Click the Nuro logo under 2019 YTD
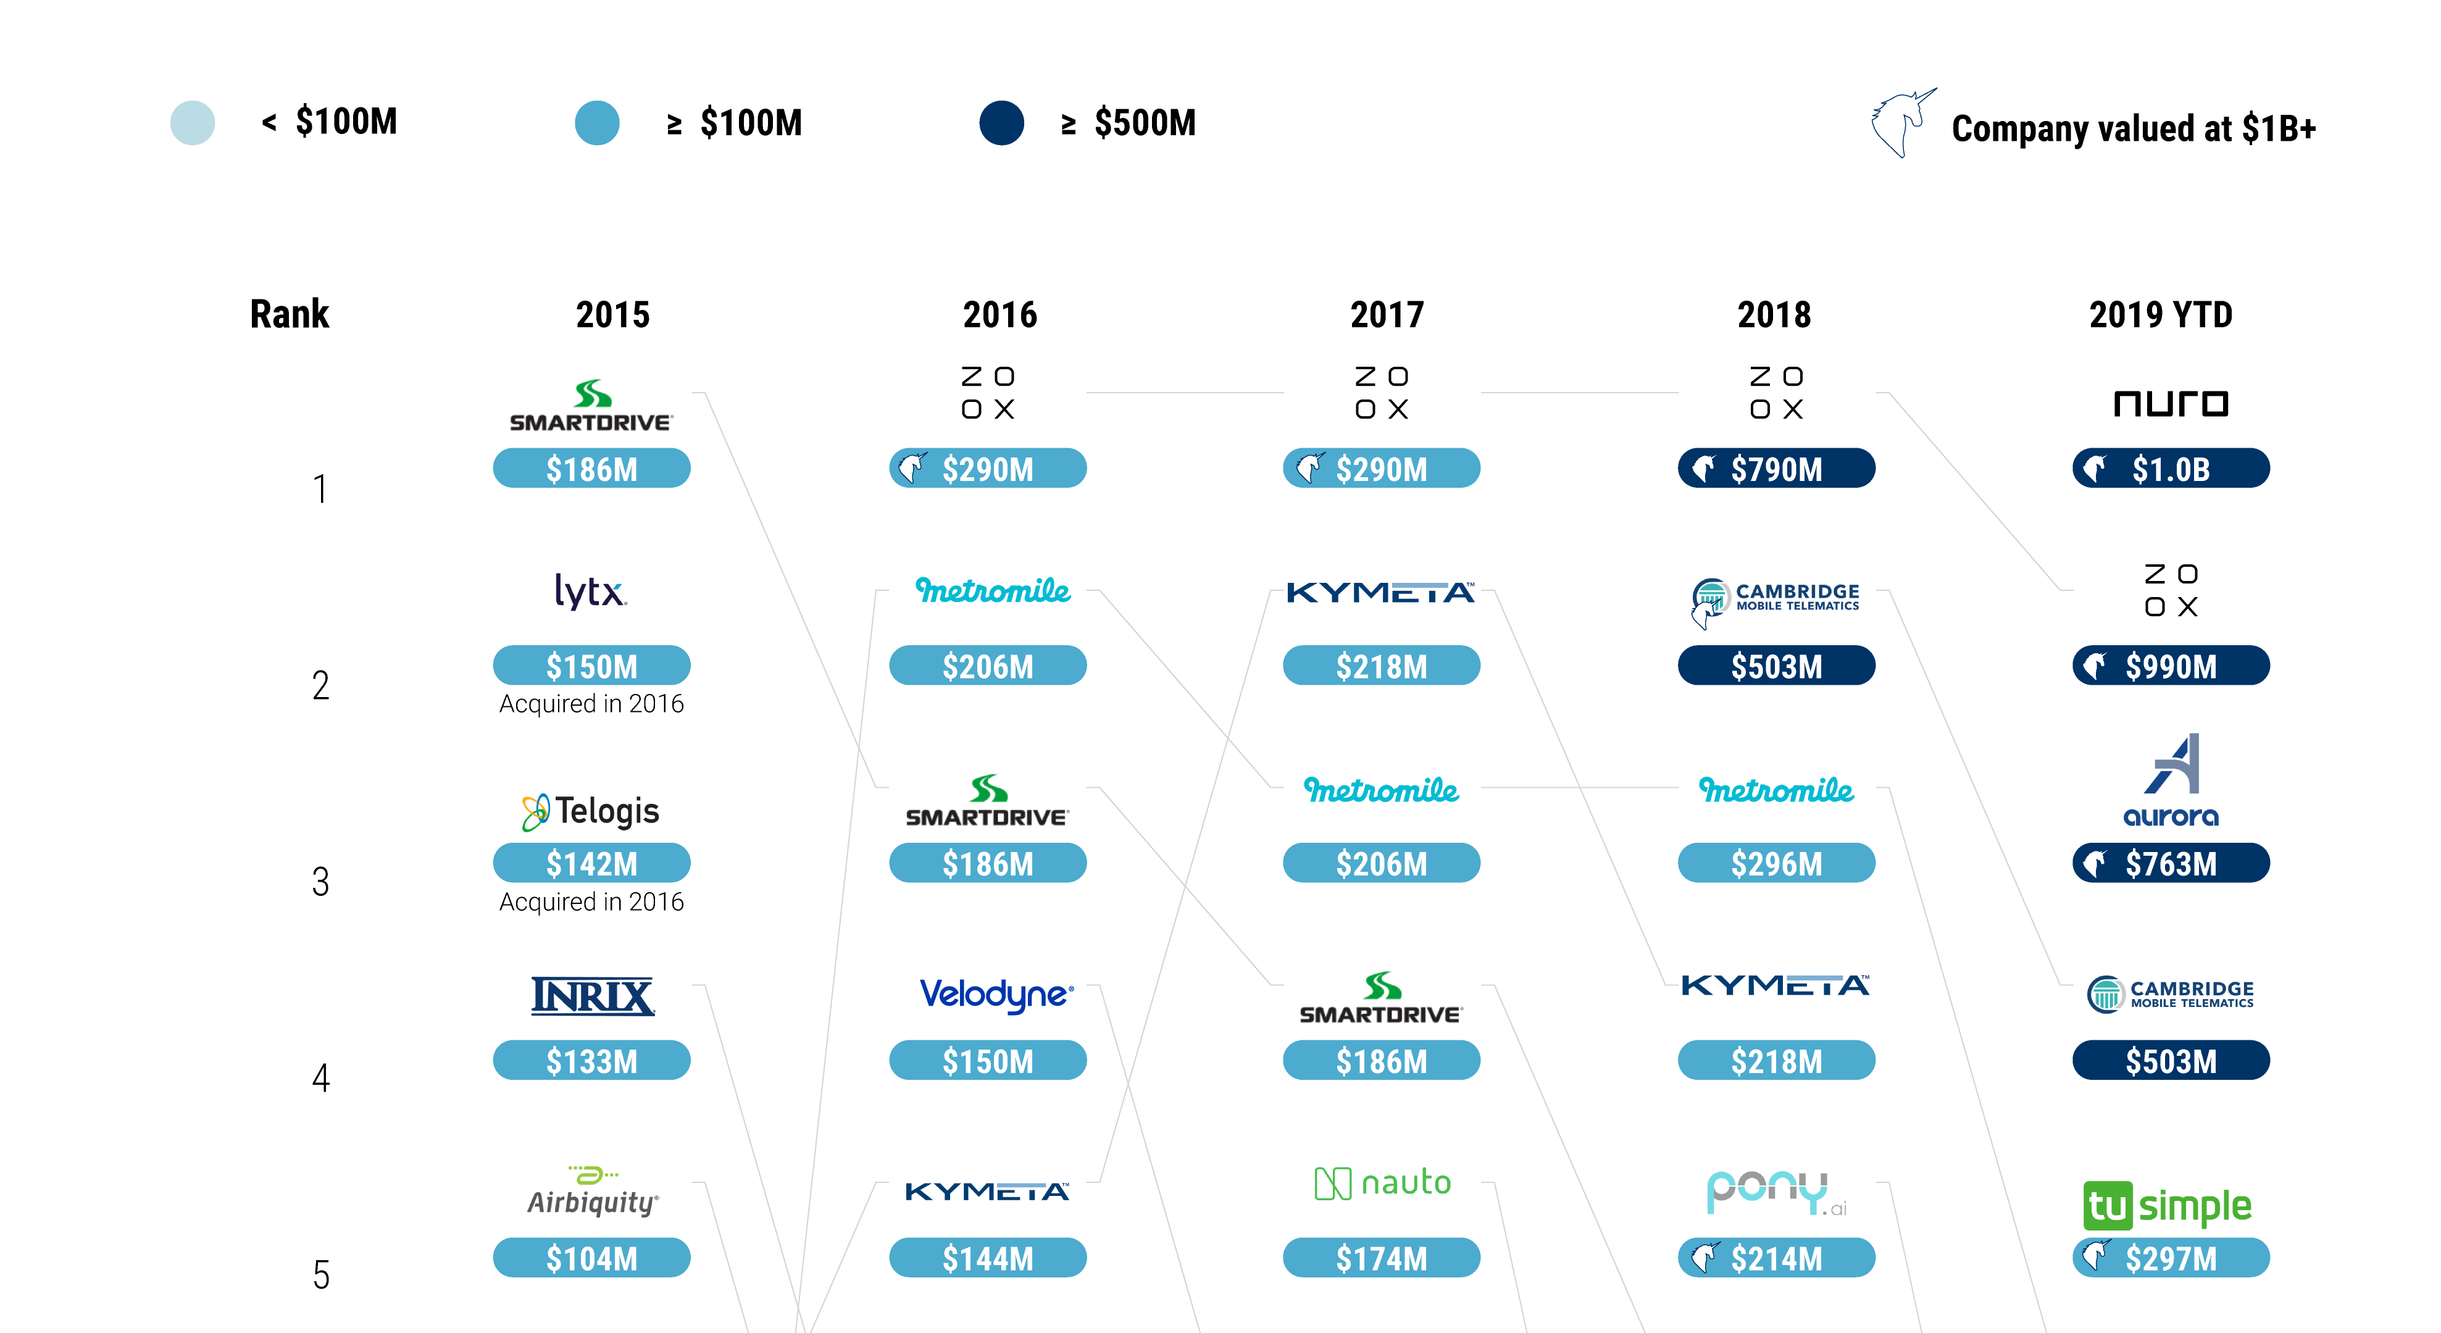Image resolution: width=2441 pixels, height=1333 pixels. click(x=2170, y=404)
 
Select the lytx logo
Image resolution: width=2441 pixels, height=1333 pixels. click(x=590, y=591)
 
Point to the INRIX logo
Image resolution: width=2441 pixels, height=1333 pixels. click(x=592, y=996)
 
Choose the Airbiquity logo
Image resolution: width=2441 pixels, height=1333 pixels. click(x=592, y=1193)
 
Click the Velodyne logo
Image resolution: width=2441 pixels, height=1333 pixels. click(x=996, y=994)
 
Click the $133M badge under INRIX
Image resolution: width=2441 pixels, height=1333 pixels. click(x=591, y=1060)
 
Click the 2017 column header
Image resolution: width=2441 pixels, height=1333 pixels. click(x=1387, y=314)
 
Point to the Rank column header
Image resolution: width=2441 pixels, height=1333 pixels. click(x=289, y=314)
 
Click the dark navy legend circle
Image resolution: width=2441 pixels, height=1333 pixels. click(x=1001, y=123)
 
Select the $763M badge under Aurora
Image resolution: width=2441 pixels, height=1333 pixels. click(x=2170, y=863)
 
